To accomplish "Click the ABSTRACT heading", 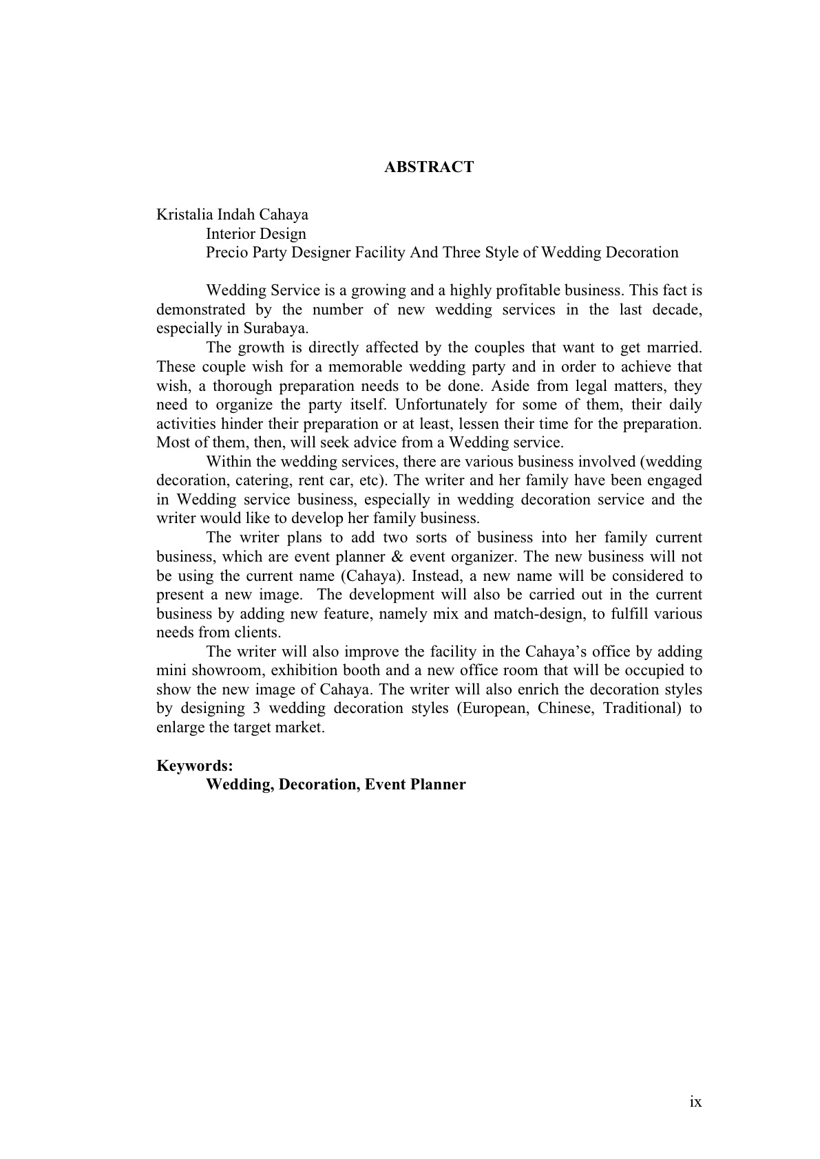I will click(x=428, y=167).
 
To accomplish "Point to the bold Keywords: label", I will click(x=195, y=766).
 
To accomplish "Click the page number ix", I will click(x=695, y=1102).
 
